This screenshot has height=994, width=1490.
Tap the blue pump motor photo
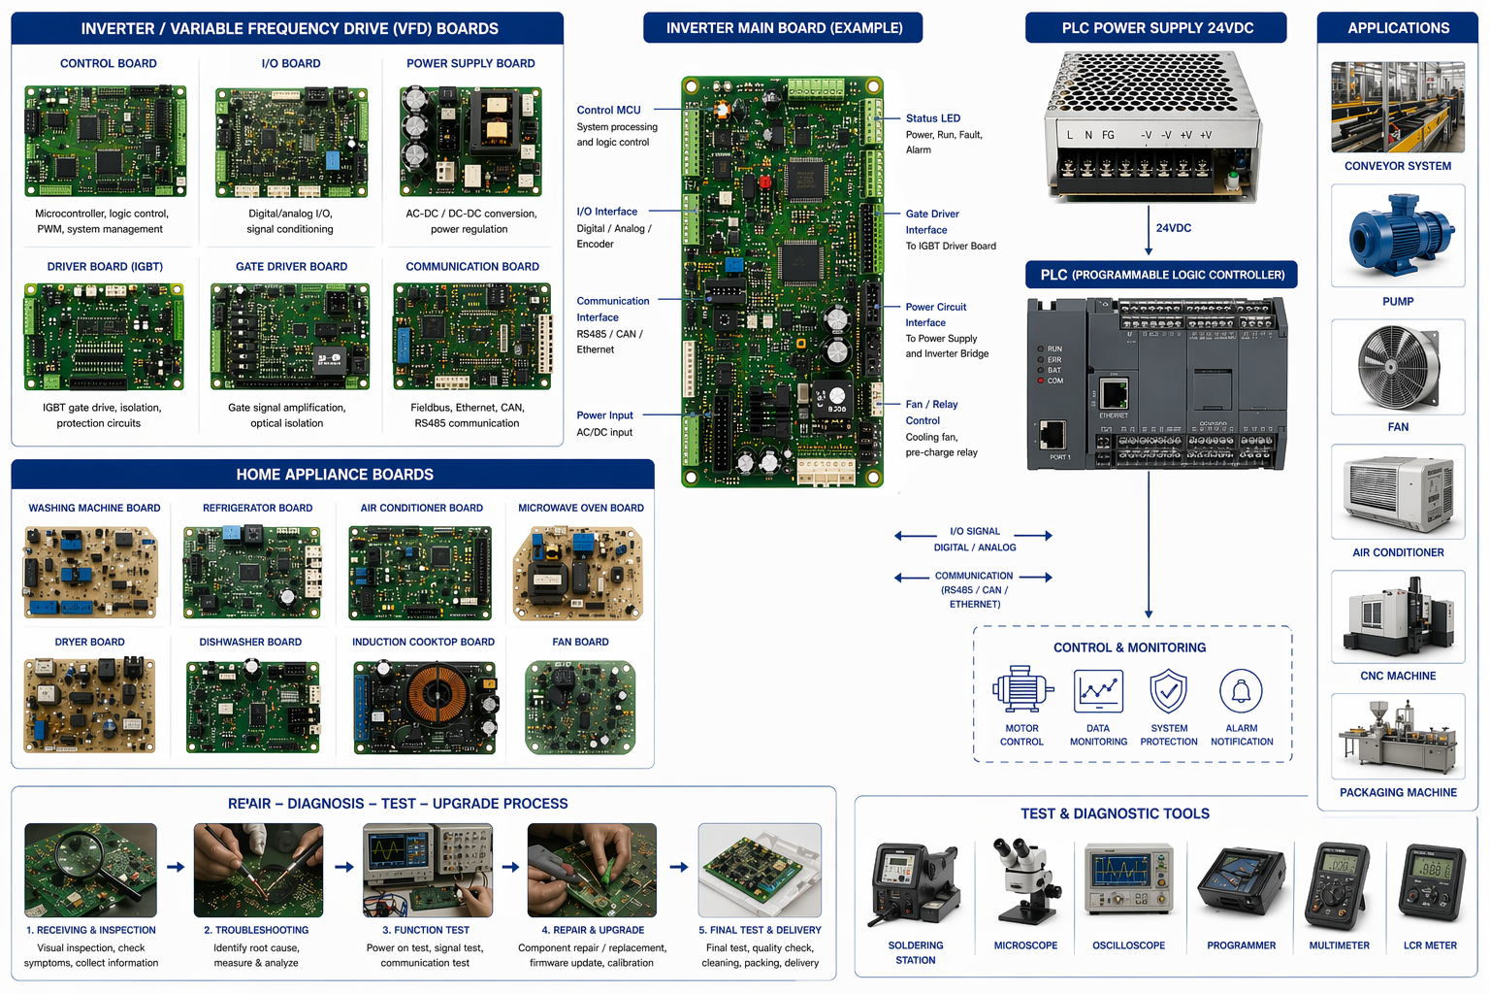click(x=1397, y=236)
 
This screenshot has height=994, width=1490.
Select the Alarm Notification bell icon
click(x=1241, y=691)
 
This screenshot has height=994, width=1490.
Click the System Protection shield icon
click(x=1168, y=691)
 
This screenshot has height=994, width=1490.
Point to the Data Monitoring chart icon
click(x=1098, y=691)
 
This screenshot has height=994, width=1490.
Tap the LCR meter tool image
click(x=1431, y=882)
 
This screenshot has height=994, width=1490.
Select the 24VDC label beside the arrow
click(x=1173, y=228)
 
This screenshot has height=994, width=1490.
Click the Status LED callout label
click(x=932, y=118)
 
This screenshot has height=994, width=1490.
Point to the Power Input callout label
click(x=604, y=415)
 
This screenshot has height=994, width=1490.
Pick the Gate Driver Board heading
click(x=291, y=267)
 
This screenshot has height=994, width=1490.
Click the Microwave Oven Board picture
click(x=578, y=574)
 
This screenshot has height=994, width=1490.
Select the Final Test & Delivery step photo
click(x=760, y=871)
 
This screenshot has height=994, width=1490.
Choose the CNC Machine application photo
click(x=1397, y=615)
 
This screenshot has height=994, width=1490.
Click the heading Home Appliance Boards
click(x=335, y=475)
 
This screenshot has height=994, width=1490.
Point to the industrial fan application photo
click(x=1397, y=367)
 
